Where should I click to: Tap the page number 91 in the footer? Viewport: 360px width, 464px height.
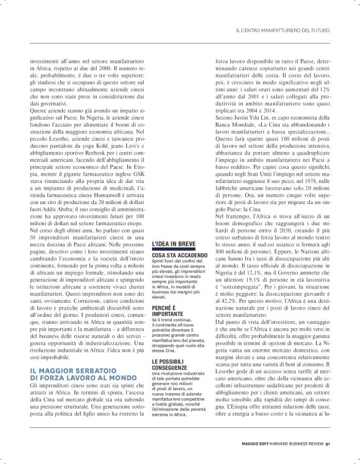(336, 442)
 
